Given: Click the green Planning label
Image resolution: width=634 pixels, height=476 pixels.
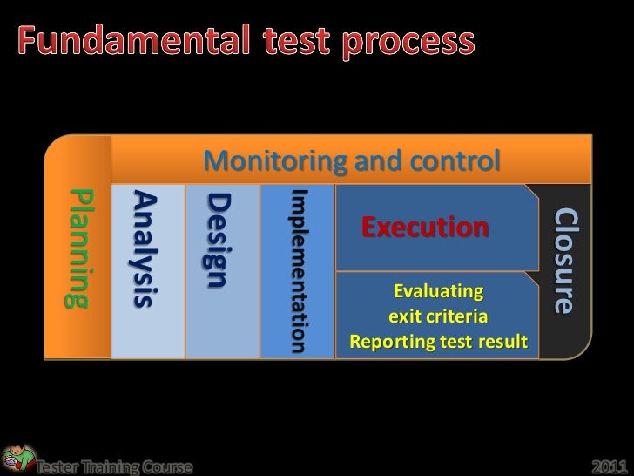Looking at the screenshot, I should coord(78,248).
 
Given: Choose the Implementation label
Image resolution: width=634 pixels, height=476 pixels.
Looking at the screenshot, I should coord(299,271).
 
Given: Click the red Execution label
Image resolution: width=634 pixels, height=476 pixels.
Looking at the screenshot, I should coord(425,228).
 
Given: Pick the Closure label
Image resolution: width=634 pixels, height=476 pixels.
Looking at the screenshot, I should coord(564,261).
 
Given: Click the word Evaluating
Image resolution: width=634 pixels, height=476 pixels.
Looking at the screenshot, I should coord(437,290).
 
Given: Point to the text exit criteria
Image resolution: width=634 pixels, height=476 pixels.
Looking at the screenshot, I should coord(437,315).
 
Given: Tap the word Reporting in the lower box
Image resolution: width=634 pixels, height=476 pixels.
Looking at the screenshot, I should coord(388,340).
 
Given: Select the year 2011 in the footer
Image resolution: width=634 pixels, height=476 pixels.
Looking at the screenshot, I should coord(610,465).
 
